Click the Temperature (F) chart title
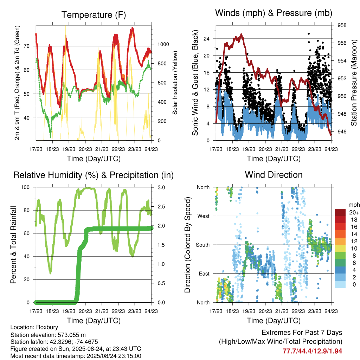[x=94, y=15]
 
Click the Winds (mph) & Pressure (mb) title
[x=274, y=13]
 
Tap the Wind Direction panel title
[x=274, y=175]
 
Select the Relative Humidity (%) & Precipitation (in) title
[x=94, y=175]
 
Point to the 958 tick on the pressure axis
[x=342, y=25]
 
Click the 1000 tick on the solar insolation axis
[x=163, y=44]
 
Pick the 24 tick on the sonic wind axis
[x=206, y=39]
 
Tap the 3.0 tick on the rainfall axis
[x=161, y=187]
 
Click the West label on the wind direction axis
[x=204, y=216]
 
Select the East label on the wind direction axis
[x=204, y=274]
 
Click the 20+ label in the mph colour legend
[x=354, y=212]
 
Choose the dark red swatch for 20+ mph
[x=340, y=212]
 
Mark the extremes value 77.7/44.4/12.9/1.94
[x=312, y=351]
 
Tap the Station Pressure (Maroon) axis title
[x=354, y=83]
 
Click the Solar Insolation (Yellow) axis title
[x=175, y=83]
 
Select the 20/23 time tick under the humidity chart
[x=85, y=311]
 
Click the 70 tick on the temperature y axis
[x=27, y=46]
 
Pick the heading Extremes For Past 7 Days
[x=302, y=333]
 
